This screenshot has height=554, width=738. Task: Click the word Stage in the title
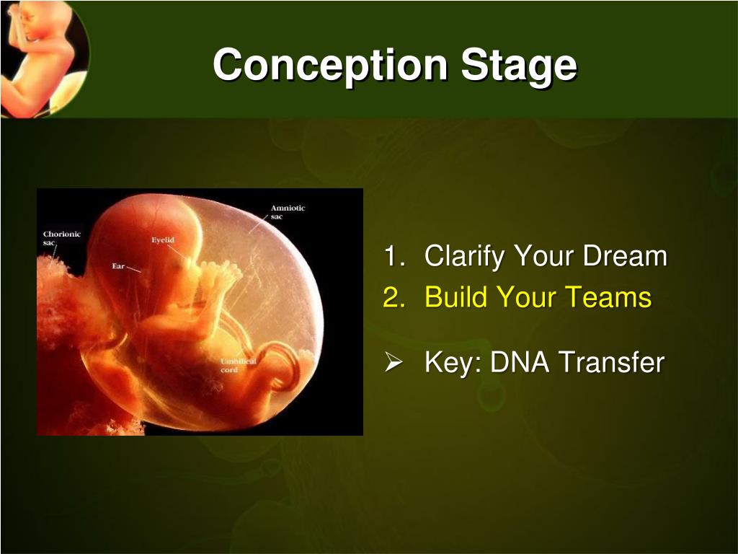519,65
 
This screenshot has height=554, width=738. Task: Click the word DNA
520,362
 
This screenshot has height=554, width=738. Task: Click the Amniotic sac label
288,212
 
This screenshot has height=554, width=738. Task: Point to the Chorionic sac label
61,238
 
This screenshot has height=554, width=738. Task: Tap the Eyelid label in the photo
162,240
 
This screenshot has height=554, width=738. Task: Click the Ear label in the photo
117,266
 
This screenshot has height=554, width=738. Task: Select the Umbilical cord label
238,365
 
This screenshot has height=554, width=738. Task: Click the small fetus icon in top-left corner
40,54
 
